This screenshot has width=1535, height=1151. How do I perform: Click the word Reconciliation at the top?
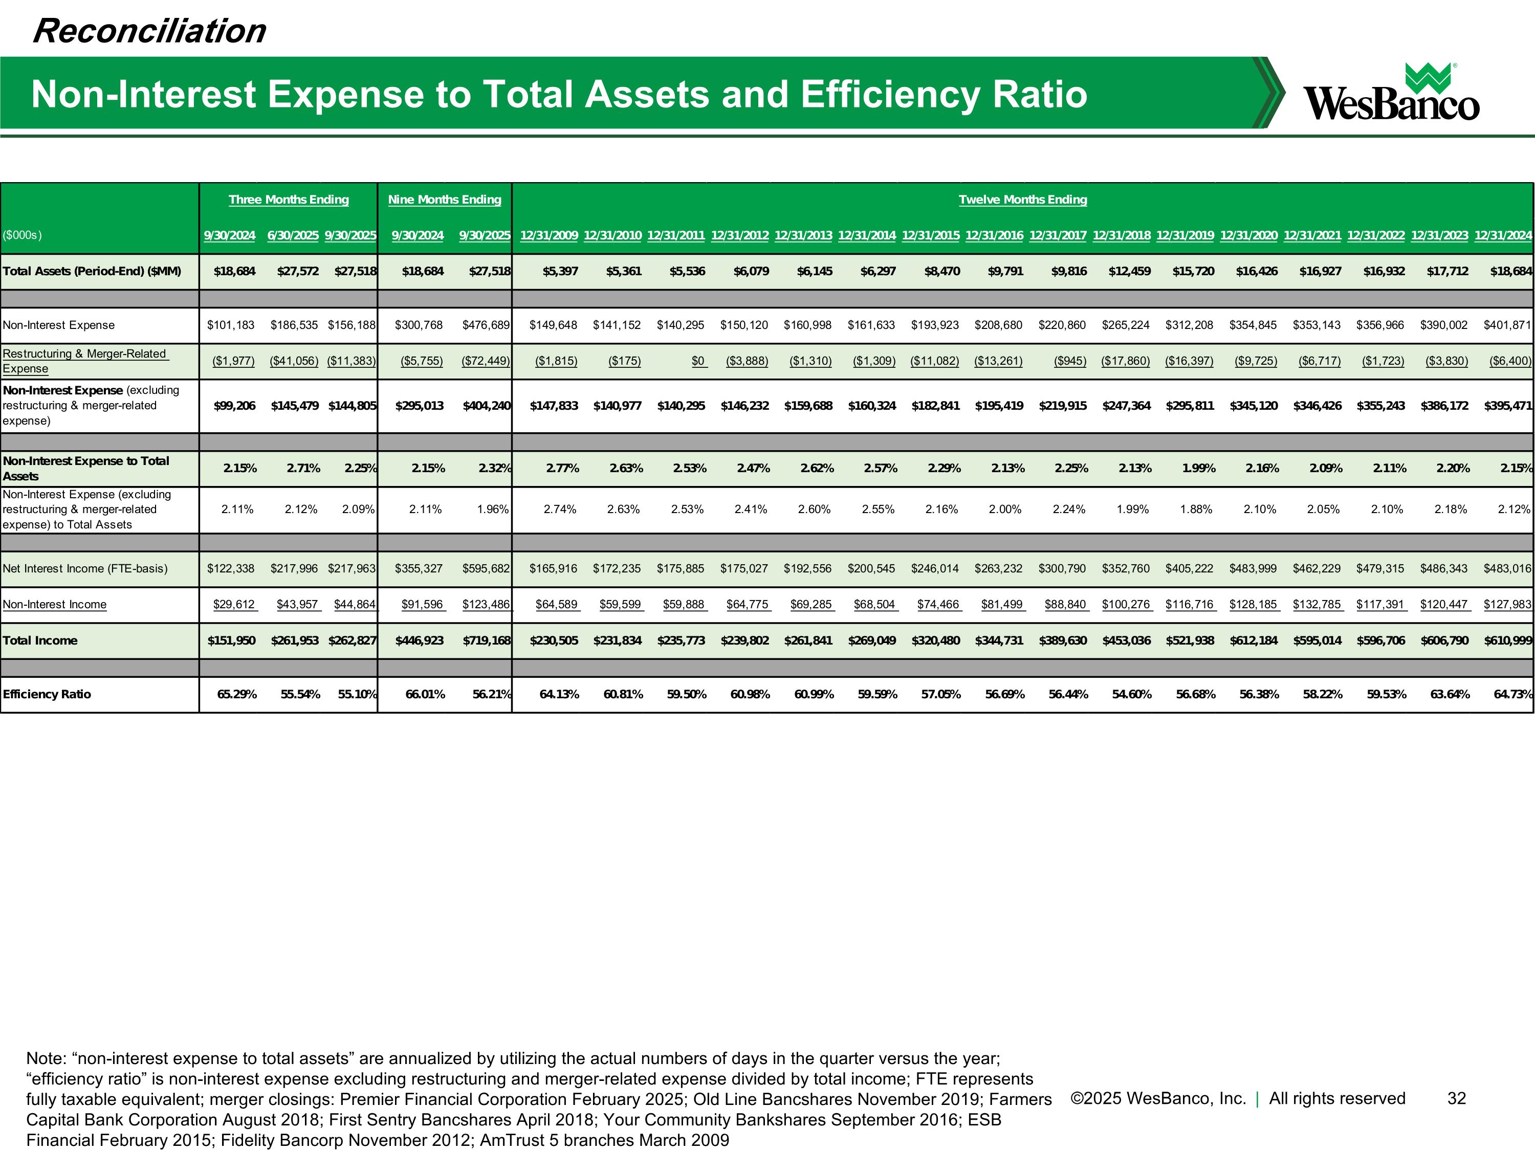point(149,31)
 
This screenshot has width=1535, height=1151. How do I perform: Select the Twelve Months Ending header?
point(1022,200)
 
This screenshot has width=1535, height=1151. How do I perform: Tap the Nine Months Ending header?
point(444,200)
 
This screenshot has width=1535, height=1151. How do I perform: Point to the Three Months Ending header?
point(289,200)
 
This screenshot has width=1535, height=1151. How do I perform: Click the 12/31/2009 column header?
point(549,235)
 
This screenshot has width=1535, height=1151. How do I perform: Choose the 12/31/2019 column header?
point(1185,235)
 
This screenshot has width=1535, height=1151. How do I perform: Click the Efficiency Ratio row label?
point(47,695)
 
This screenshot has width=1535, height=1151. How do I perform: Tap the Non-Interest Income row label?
point(55,604)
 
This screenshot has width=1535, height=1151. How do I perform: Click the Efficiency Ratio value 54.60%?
point(1132,695)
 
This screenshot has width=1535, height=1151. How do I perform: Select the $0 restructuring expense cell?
point(698,361)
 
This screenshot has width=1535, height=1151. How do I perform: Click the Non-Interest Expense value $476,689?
point(486,325)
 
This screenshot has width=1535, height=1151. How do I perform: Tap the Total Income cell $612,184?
point(1253,640)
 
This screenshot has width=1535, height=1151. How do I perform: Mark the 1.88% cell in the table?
point(1196,509)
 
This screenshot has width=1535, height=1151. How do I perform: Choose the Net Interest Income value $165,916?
point(553,569)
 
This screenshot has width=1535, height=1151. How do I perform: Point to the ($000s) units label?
point(22,235)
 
